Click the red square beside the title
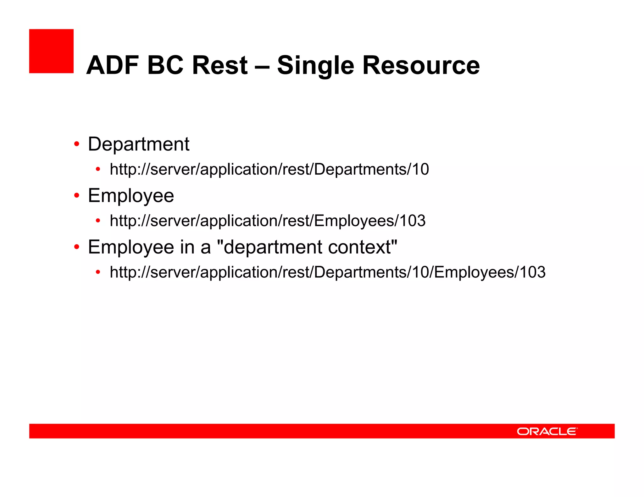click(x=51, y=51)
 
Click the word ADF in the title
click(x=113, y=65)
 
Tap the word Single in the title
click(x=315, y=65)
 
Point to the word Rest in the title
click(x=220, y=65)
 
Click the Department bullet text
click(x=139, y=144)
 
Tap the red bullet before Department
click(x=77, y=145)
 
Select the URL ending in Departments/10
click(x=269, y=169)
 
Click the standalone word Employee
click(x=131, y=196)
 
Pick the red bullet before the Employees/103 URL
click(x=98, y=221)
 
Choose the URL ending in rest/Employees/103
click(x=268, y=221)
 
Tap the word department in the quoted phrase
click(x=273, y=247)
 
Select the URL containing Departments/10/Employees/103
click(x=327, y=272)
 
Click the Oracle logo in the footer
click(x=547, y=431)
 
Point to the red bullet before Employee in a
click(x=77, y=247)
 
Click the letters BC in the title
click(x=165, y=65)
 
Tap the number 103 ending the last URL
click(x=532, y=272)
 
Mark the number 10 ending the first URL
click(x=420, y=169)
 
